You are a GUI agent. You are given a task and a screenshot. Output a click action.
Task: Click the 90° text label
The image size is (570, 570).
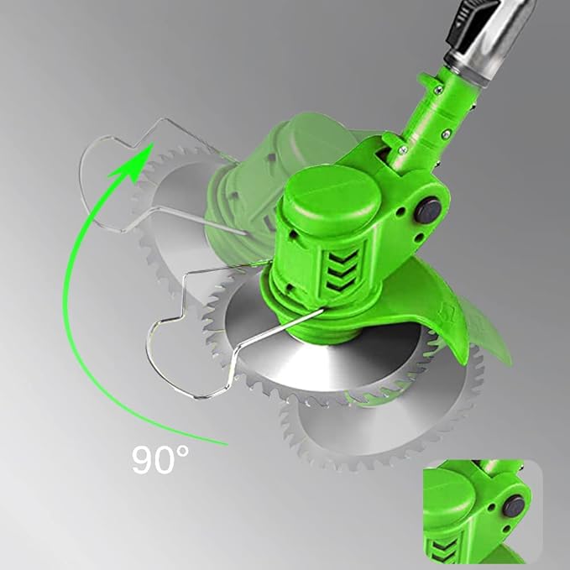tap(160, 459)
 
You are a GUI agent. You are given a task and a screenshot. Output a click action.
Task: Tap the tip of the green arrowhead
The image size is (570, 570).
tap(153, 143)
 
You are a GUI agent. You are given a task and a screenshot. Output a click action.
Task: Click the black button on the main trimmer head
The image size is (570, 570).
tap(427, 210)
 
